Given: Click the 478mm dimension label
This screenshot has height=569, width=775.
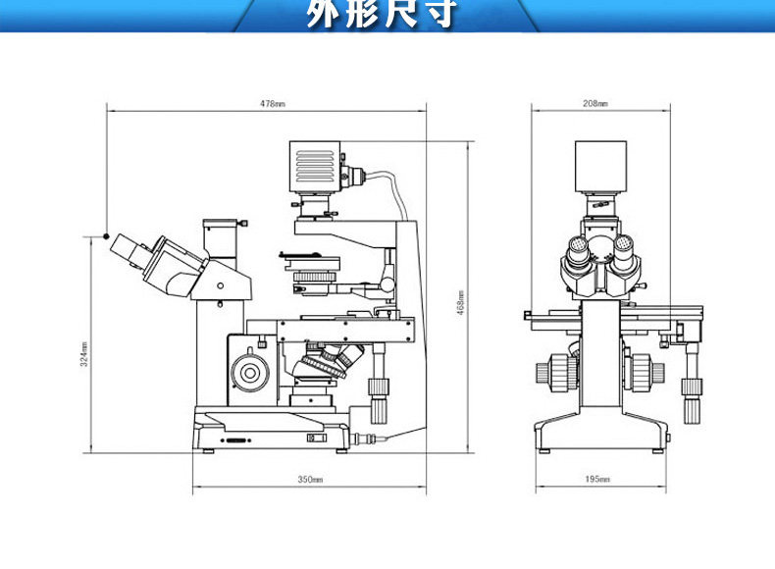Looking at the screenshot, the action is (273, 104).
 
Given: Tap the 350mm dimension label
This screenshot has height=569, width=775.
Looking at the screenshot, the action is (310, 479).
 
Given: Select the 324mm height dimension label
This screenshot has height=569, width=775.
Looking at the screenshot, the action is (84, 354).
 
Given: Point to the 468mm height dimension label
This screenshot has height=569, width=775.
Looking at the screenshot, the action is (461, 302).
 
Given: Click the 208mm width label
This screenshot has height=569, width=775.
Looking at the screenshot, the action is (595, 103).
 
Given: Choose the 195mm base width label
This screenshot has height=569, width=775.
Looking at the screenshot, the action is (597, 479).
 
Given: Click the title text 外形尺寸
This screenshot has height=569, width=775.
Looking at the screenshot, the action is (381, 14).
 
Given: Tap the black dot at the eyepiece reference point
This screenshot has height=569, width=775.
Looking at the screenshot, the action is (106, 236).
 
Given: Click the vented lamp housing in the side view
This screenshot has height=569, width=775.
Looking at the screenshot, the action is (315, 168).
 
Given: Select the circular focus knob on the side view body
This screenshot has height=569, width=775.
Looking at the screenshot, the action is (249, 373).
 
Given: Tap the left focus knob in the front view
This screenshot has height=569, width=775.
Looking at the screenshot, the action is (556, 372).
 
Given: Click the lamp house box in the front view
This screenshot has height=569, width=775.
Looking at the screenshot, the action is (600, 167).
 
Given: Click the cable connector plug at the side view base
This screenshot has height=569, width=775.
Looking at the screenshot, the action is (364, 439).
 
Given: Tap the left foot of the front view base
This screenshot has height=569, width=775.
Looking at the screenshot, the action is (544, 450).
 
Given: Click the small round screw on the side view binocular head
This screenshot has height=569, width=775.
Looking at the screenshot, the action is (220, 285).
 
